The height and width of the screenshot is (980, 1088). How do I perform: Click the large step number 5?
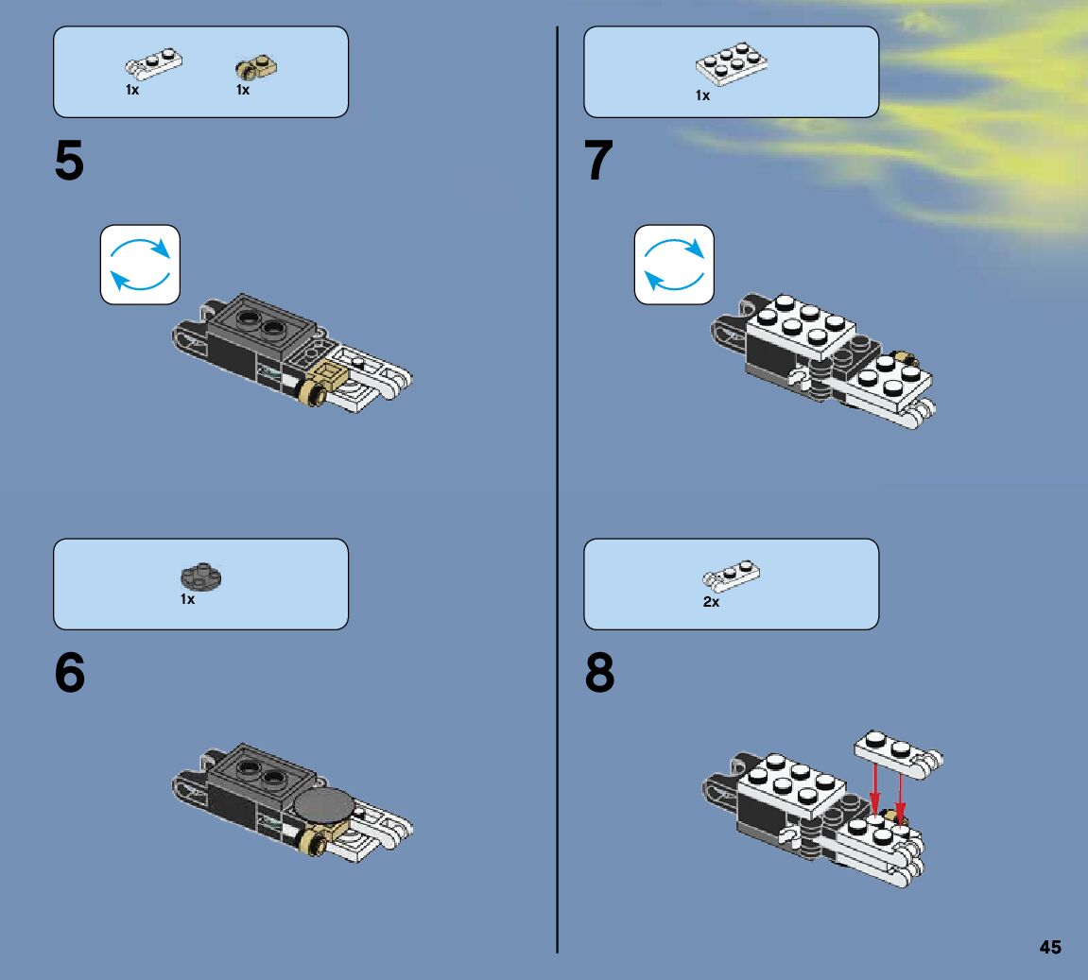pos(69,161)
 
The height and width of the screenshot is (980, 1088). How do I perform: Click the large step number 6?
pos(69,672)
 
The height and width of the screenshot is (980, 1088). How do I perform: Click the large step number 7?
pos(598,161)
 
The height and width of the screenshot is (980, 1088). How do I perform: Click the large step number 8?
pos(599,672)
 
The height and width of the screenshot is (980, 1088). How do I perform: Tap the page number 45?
pos(1050,947)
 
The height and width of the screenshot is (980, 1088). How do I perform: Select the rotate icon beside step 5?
pos(140,265)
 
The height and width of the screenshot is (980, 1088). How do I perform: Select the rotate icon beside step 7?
pos(674,265)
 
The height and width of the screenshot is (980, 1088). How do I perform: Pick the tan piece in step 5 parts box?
pos(256,67)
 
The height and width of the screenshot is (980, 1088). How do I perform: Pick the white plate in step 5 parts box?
pos(153,64)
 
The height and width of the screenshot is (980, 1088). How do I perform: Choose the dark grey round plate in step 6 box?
pos(201,577)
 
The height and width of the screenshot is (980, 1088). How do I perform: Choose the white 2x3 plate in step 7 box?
pos(732,63)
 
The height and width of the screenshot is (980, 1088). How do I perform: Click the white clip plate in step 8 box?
pos(732,576)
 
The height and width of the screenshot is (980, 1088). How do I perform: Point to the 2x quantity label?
pos(711,602)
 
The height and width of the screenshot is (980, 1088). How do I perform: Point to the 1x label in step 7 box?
pos(703,95)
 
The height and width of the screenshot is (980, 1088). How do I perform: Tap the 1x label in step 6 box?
pos(187,599)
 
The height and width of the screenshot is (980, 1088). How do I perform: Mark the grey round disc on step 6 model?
pos(323,806)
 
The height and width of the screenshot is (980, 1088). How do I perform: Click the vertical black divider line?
pos(557,490)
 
